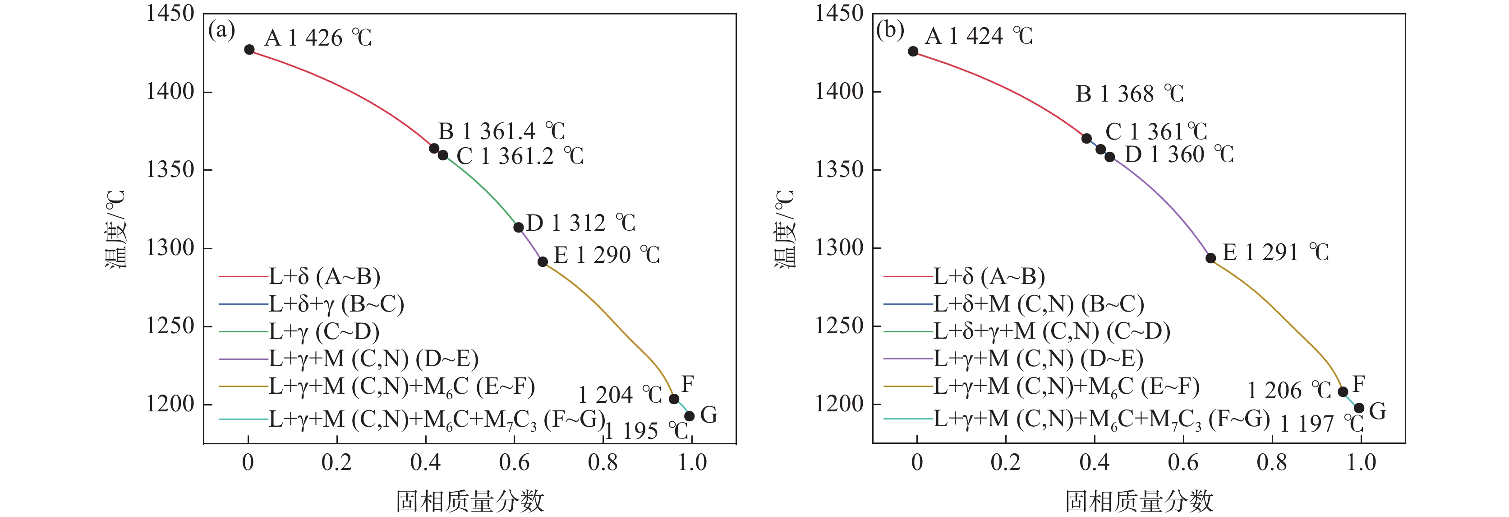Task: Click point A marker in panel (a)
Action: point(249,50)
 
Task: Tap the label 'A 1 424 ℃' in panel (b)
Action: point(979,36)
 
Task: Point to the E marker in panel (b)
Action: point(1211,258)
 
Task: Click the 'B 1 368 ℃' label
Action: point(1129,94)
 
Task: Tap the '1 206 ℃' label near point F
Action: point(1289,391)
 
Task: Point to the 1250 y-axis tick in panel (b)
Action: point(839,326)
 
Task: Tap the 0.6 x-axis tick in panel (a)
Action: point(514,462)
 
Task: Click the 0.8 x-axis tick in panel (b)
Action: point(1272,462)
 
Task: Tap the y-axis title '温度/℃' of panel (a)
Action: point(115,229)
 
